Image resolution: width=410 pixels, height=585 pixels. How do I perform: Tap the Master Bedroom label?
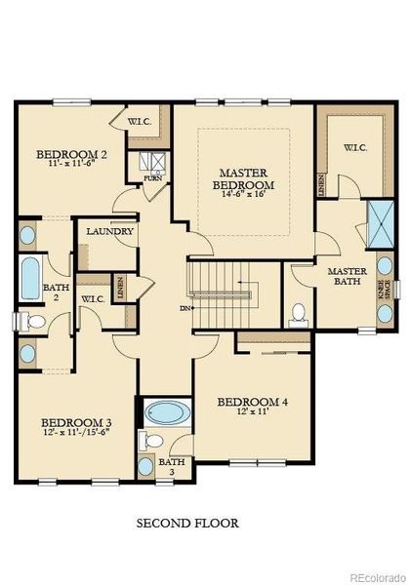[243, 178]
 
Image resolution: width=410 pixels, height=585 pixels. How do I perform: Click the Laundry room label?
[102, 232]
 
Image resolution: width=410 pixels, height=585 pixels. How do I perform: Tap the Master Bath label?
[347, 277]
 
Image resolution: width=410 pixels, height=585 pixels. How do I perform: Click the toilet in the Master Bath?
[299, 313]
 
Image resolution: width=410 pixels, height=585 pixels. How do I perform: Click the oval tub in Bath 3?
[167, 413]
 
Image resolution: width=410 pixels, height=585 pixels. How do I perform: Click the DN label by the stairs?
[185, 309]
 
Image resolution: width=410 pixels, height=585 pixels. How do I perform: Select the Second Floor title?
[186, 524]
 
